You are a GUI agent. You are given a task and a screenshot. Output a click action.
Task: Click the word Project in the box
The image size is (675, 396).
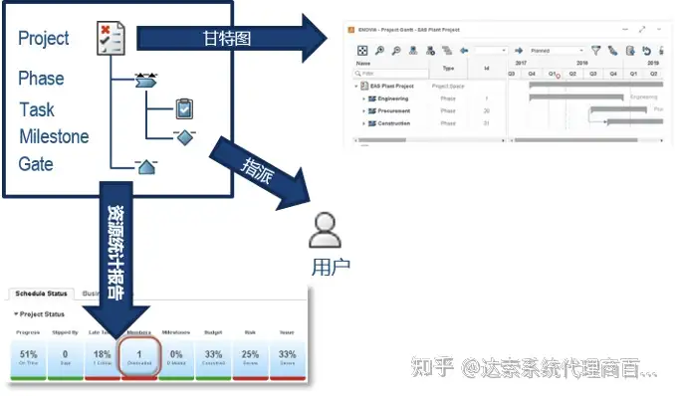(x=44, y=38)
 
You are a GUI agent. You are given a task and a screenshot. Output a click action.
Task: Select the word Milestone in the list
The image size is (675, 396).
(x=54, y=137)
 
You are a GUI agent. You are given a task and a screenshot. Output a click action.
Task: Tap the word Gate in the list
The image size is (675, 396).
(x=36, y=163)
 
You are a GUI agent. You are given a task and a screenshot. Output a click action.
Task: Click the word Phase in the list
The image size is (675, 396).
(x=41, y=79)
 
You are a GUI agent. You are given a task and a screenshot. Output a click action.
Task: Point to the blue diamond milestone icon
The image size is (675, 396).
(x=184, y=137)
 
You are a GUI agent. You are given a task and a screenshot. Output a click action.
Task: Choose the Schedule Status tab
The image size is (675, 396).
(x=40, y=295)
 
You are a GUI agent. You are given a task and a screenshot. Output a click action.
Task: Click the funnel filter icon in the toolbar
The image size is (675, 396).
(x=596, y=50)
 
